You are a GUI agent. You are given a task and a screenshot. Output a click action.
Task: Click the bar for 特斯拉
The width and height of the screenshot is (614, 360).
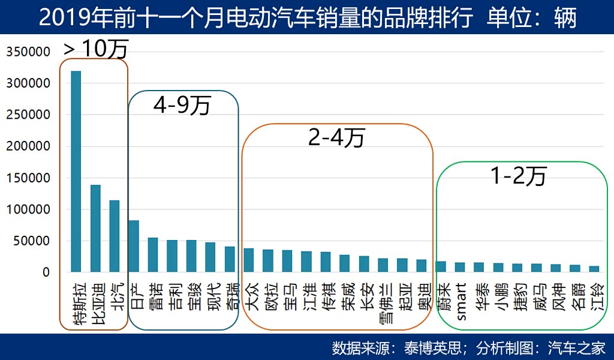pos(76,172)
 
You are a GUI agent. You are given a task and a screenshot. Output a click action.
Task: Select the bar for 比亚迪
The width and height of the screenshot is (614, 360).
pos(95,229)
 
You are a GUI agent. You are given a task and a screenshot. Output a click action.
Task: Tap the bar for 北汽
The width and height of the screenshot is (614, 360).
pos(115,236)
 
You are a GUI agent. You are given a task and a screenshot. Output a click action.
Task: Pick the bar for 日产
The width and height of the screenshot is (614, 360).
pos(134,246)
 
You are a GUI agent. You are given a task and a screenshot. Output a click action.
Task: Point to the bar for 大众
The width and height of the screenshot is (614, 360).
pos(249,260)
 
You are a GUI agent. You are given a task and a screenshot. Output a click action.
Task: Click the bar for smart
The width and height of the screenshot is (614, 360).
pos(460,267)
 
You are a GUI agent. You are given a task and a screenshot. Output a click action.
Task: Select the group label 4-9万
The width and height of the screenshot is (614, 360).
pos(182,106)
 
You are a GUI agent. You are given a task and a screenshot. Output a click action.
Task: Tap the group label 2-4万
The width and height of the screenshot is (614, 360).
pos(336,138)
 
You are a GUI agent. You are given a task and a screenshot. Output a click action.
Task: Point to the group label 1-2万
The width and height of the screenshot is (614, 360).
pos(519,175)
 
